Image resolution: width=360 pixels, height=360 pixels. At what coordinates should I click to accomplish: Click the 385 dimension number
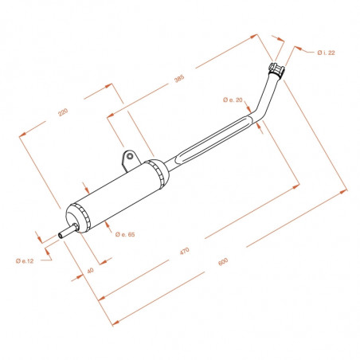click(179, 79)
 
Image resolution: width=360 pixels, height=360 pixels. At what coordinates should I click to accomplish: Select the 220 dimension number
click(63, 112)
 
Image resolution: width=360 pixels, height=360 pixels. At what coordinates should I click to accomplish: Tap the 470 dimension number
click(185, 251)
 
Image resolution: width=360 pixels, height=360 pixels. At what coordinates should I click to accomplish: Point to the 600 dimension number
click(223, 261)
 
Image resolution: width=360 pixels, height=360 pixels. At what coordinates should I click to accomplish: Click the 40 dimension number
click(90, 271)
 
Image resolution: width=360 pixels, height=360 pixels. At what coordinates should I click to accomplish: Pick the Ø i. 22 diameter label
click(326, 53)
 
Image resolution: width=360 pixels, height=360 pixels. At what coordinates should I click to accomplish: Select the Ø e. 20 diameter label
click(233, 100)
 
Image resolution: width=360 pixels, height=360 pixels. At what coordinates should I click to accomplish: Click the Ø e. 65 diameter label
click(125, 234)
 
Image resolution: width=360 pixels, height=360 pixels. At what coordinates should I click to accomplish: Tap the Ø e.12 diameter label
click(25, 261)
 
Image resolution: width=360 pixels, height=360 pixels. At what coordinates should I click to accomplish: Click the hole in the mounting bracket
click(130, 156)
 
